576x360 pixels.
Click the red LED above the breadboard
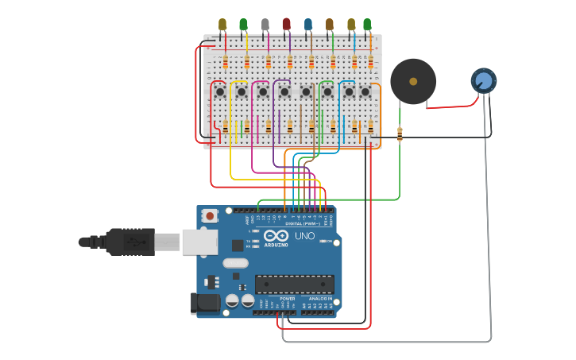point(286,25)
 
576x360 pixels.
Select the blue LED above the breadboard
point(308,25)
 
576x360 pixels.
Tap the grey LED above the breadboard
point(265,25)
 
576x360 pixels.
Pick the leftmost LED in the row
point(222,25)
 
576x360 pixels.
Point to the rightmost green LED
point(367,25)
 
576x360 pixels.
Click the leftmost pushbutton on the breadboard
point(220,92)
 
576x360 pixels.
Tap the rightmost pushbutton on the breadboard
point(365,92)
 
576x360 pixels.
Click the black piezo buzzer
point(412,81)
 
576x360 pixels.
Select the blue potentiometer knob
point(483,80)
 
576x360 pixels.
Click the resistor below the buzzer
point(400,135)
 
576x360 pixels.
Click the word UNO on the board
point(305,236)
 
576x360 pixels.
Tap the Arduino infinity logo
point(276,236)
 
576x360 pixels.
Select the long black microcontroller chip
point(294,284)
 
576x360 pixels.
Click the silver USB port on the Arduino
point(199,242)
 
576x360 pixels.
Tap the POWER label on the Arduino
point(287,298)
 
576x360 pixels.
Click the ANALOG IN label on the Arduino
point(320,298)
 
